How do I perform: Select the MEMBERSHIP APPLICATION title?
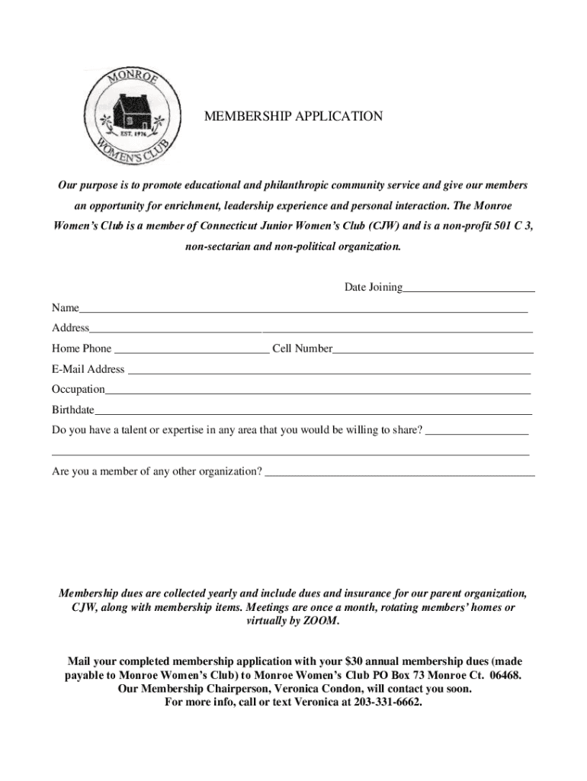click(x=293, y=117)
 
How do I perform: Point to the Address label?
click(x=70, y=328)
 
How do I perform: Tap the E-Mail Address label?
click(x=88, y=369)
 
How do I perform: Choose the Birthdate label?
click(x=73, y=410)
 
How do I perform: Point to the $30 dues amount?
click(x=354, y=661)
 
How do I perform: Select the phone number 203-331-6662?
click(x=387, y=702)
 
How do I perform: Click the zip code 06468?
click(x=505, y=675)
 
